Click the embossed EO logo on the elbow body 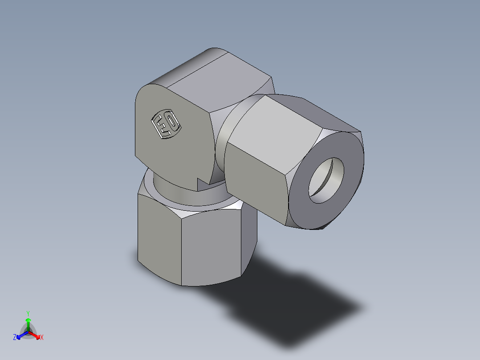[166, 124]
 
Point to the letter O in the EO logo [171, 121]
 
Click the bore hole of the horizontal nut [327, 180]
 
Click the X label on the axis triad [42, 337]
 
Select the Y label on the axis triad [28, 313]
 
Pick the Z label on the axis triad [15, 337]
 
